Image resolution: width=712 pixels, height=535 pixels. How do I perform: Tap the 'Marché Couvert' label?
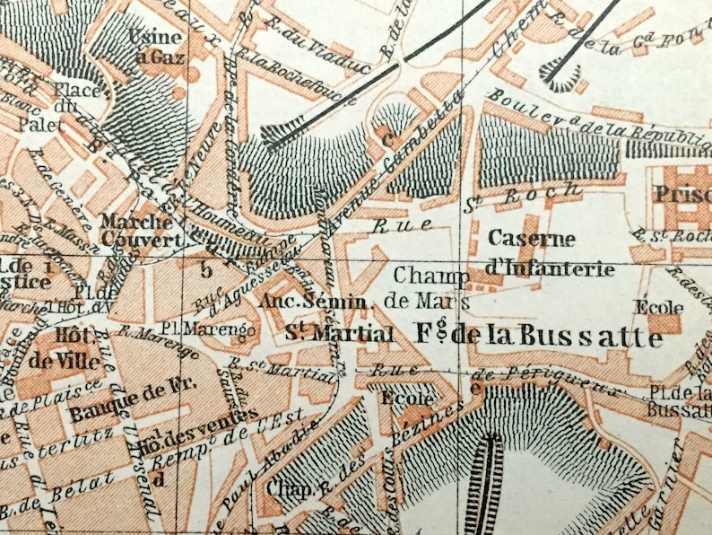pyautogui.click(x=136, y=230)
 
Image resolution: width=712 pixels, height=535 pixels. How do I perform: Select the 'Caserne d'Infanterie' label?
pyautogui.click(x=551, y=253)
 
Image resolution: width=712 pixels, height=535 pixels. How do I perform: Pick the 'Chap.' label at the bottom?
pyautogui.click(x=285, y=488)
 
